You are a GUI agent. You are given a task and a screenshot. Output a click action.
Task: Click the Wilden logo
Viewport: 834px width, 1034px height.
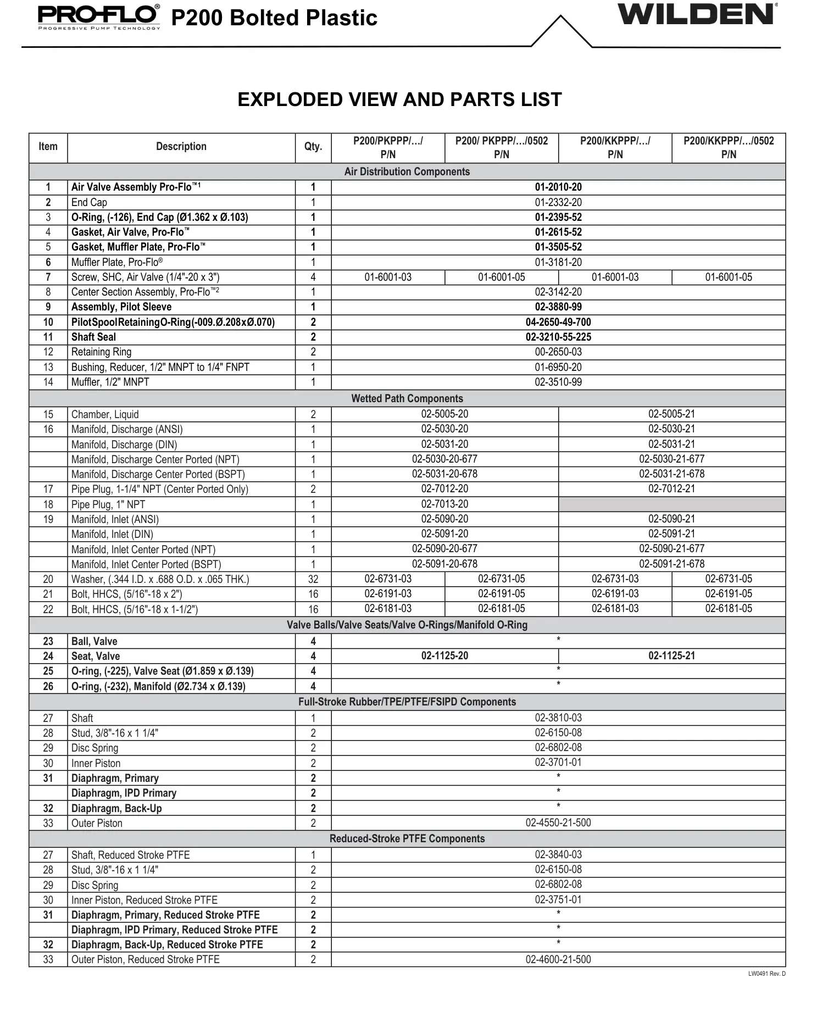(697, 14)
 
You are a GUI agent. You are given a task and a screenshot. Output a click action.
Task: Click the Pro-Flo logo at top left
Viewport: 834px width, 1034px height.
(99, 17)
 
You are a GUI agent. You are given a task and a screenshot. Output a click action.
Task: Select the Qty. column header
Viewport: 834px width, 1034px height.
(313, 147)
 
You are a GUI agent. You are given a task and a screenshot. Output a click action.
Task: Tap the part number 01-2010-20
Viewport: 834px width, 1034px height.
(558, 187)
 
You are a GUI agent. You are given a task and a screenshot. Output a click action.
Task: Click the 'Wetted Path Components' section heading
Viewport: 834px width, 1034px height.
(407, 399)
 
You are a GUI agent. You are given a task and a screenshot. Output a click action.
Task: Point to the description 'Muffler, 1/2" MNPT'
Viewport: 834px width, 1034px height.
(110, 382)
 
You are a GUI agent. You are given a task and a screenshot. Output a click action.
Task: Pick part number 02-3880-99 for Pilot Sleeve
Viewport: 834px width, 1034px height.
(558, 307)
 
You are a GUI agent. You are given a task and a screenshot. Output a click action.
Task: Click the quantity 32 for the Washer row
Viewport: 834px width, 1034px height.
(313, 579)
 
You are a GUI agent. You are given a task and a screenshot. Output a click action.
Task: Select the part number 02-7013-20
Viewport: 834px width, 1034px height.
(444, 504)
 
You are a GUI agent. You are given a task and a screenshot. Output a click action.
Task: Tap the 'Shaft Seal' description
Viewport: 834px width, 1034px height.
(93, 337)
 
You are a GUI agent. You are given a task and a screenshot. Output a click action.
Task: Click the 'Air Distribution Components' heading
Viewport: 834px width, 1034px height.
(407, 172)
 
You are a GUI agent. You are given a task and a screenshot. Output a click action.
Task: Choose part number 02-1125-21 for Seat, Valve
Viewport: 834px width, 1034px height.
(671, 656)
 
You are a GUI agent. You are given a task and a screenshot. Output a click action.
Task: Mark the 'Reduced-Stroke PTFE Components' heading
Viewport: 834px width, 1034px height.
(407, 839)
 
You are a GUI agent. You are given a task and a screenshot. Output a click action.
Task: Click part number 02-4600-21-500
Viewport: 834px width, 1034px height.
(558, 960)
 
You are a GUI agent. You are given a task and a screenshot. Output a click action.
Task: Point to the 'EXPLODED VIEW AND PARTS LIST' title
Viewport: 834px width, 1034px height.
(399, 99)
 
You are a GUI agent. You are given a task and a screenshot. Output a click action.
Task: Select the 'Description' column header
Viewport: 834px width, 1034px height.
(181, 147)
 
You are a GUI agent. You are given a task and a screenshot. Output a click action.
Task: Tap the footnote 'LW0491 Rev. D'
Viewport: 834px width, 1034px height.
(766, 974)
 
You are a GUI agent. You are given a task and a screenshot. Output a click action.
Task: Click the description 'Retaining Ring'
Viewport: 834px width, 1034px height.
(101, 352)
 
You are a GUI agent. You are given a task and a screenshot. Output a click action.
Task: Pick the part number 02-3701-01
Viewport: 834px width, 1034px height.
(558, 763)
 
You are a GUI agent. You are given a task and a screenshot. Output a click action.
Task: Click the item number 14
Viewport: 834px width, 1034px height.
(48, 382)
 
